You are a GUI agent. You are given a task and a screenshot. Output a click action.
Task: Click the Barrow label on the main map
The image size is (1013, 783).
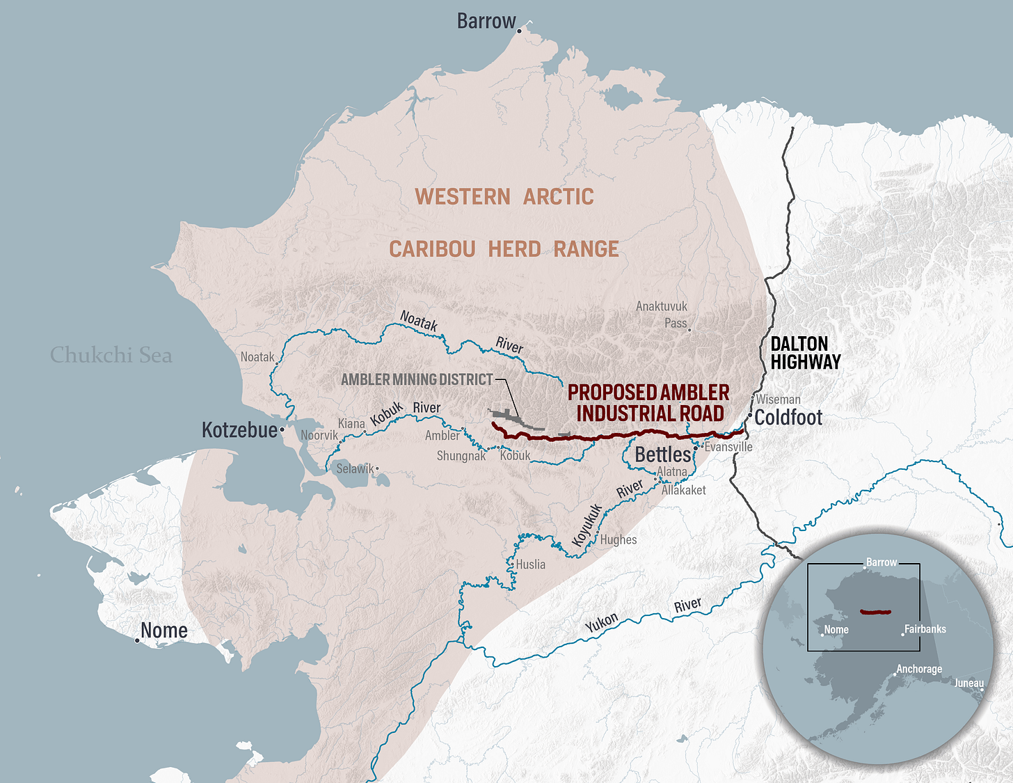coord(486,22)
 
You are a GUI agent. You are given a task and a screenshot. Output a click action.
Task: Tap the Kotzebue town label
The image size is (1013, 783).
coord(239,430)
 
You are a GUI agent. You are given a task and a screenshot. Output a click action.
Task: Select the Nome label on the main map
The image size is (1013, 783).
coord(164,631)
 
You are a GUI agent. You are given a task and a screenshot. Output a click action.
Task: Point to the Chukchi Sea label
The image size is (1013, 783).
coord(111,355)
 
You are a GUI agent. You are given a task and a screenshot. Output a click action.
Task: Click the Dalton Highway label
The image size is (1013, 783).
coord(806,353)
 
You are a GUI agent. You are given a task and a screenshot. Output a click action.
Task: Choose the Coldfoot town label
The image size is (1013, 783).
coord(788,418)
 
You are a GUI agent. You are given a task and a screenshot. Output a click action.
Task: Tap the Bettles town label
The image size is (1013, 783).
coord(663,454)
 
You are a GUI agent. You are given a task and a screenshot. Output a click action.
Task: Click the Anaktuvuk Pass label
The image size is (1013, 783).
coord(662,315)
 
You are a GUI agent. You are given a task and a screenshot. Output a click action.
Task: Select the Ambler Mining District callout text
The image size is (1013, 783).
coord(417,379)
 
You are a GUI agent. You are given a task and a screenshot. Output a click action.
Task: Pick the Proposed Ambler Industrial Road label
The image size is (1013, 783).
coord(648,403)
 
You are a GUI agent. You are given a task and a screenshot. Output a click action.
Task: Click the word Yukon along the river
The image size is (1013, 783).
coord(602,622)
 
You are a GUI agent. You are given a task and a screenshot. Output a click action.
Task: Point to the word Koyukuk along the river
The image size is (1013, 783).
coord(587,525)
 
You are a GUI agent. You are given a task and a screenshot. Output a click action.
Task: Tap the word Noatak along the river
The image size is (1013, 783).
coord(419,321)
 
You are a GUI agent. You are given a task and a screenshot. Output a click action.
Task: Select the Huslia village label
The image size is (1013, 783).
coord(531,564)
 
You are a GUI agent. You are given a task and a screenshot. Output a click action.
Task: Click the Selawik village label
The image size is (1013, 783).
coord(355,469)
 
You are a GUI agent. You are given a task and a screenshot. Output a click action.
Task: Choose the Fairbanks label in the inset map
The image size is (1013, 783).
coord(925,629)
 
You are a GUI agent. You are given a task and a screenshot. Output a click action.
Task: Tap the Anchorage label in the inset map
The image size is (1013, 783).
coord(918,669)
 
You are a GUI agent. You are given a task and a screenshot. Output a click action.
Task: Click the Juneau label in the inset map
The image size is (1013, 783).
coord(968,683)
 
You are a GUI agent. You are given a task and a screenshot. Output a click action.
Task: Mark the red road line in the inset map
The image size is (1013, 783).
coord(875,612)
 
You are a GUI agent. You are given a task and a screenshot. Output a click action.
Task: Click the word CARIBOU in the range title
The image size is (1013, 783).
coord(432,249)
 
